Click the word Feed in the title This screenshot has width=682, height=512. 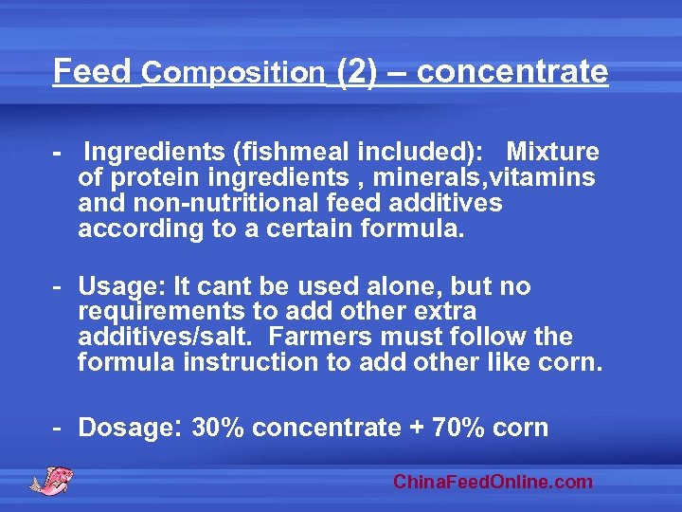[x=92, y=71]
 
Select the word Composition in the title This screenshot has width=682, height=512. [x=233, y=72]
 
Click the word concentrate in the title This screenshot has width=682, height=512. [x=511, y=71]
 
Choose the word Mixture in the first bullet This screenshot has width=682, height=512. [x=552, y=152]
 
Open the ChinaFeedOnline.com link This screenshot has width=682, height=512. [x=493, y=482]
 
